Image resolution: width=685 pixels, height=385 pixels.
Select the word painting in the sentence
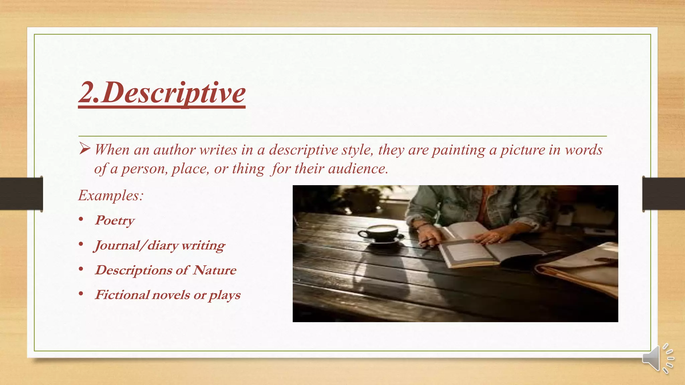click(x=458, y=150)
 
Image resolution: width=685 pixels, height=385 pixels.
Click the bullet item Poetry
click(x=115, y=221)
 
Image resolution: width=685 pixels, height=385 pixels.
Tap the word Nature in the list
click(x=214, y=270)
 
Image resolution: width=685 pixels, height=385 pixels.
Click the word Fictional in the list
click(x=122, y=295)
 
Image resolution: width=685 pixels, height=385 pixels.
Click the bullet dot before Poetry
click(x=81, y=220)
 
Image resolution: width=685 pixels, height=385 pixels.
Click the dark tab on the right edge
click(x=663, y=194)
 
